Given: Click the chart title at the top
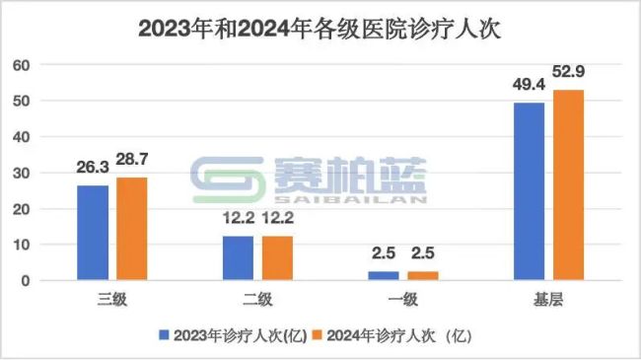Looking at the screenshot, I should tap(320, 28).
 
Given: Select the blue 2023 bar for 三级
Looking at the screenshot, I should tap(94, 233).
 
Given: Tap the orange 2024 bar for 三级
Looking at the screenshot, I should tap(132, 229).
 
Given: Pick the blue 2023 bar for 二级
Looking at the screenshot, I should tap(238, 258).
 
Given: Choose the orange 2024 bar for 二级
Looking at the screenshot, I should tap(277, 258).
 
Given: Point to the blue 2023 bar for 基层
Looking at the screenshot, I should tap(530, 191).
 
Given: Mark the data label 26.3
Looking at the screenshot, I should tap(94, 170).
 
